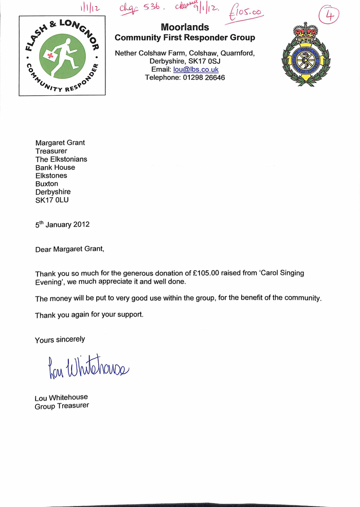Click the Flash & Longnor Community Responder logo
click(x=62, y=56)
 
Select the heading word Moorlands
click(x=185, y=27)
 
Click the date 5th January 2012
click(x=62, y=224)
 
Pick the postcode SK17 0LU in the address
click(x=52, y=200)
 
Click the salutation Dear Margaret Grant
click(x=69, y=249)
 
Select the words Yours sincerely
click(x=60, y=339)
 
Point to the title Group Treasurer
click(x=62, y=406)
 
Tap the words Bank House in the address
click(x=55, y=167)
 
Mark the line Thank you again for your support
click(x=89, y=314)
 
